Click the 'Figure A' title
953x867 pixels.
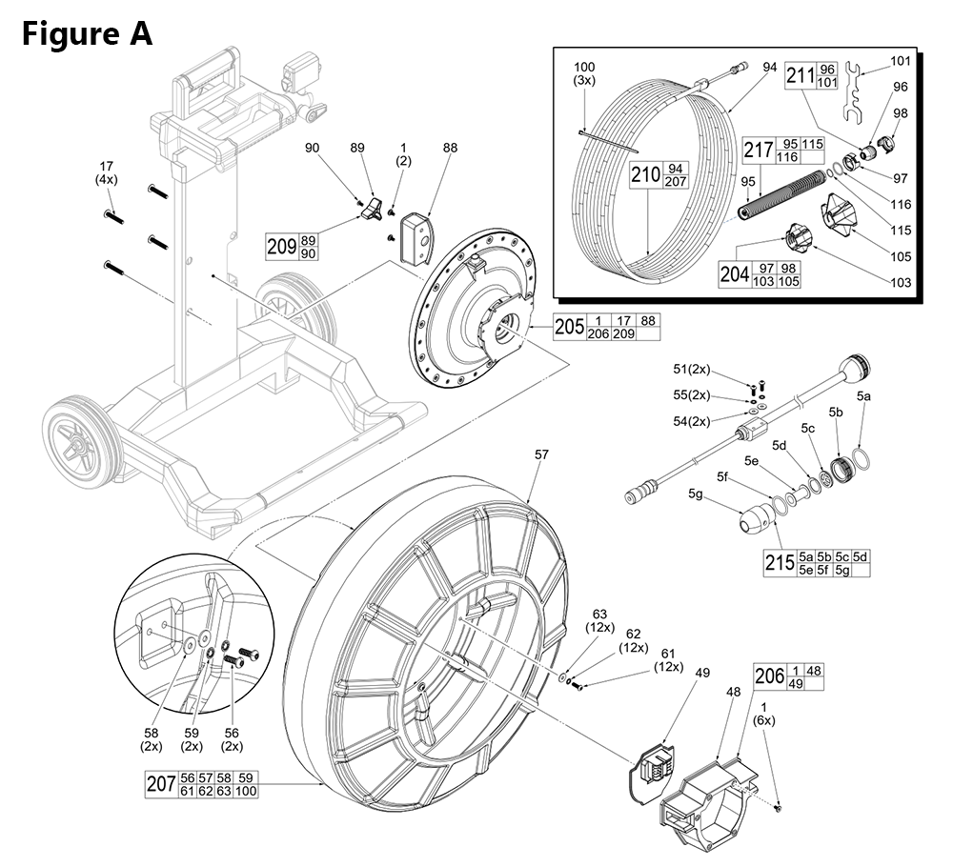tap(86, 34)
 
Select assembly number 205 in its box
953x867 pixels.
tap(568, 327)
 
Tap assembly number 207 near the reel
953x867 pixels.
tap(158, 785)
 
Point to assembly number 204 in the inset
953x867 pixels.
tap(735, 274)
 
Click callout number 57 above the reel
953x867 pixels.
tap(541, 456)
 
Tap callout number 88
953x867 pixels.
tap(450, 148)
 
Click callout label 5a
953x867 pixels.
tap(863, 393)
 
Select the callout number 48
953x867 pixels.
tap(735, 692)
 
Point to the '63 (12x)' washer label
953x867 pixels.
tap(600, 620)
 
